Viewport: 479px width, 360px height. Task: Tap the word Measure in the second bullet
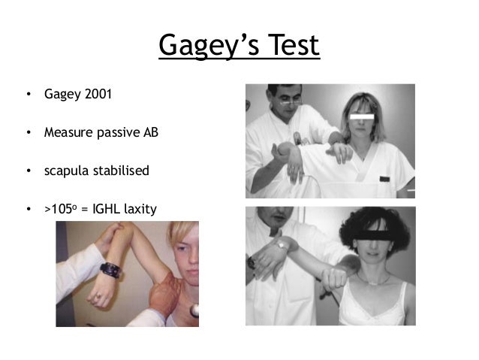(68, 133)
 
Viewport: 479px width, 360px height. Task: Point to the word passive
(119, 133)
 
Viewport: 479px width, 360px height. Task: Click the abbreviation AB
(151, 133)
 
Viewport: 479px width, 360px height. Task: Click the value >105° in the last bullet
(61, 208)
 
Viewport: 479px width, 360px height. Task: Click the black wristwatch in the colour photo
(111, 269)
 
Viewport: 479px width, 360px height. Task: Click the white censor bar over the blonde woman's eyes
(363, 118)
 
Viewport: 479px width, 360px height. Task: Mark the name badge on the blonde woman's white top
(384, 179)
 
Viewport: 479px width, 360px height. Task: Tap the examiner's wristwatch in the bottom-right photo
(282, 244)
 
